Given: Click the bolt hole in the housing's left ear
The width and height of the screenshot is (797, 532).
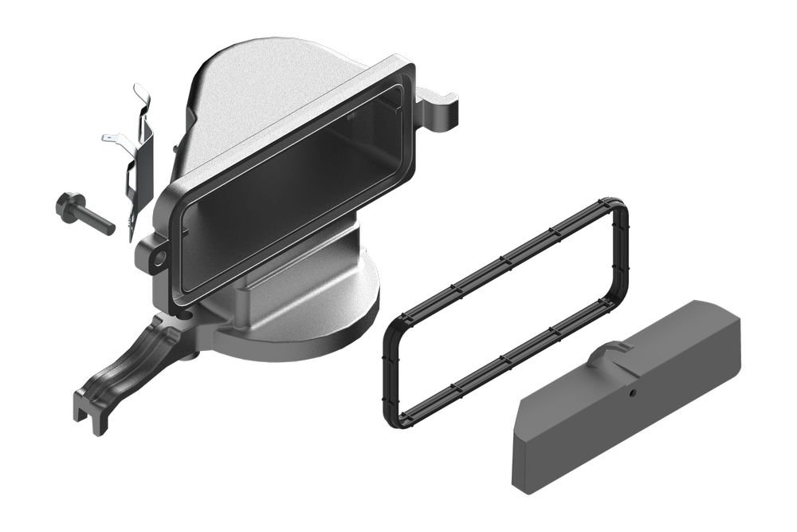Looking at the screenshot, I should (159, 258).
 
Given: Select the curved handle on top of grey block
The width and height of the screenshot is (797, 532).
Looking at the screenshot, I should (610, 349).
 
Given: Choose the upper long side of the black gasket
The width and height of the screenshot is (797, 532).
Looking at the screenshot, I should (502, 255).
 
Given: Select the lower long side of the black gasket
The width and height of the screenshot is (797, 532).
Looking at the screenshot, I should (510, 363).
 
